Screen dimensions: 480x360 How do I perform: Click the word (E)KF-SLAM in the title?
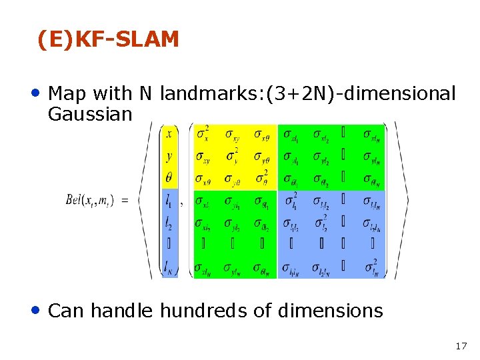109,40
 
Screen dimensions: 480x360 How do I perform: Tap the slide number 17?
461,346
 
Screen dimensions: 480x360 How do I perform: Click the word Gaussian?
91,114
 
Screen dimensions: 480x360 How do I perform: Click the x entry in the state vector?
169,134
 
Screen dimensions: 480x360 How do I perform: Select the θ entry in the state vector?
169,178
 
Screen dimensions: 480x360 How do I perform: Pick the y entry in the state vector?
169,156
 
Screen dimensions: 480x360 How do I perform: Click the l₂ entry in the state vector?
169,222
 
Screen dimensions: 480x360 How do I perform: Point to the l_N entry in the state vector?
170,267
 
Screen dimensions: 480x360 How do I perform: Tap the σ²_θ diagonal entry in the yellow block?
262,177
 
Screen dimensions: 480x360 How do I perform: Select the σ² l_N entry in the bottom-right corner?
371,267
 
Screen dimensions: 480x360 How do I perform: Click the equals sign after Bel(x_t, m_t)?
125,199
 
